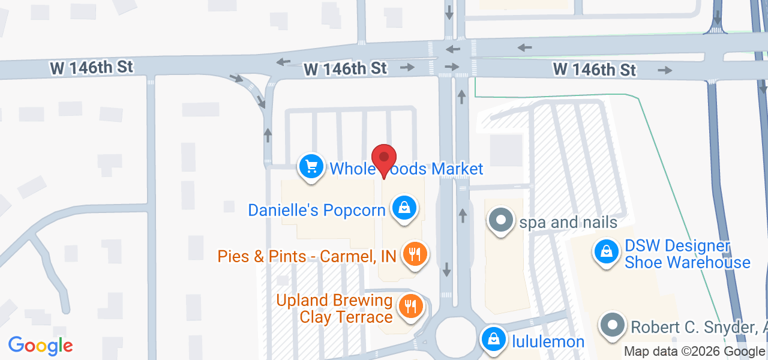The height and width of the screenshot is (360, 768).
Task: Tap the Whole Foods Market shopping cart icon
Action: [x=311, y=166]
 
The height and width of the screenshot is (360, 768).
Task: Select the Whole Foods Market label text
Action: [x=406, y=169]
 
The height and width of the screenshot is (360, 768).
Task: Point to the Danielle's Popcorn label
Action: [x=316, y=210]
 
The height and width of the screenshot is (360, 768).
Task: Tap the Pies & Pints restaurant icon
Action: [x=413, y=254]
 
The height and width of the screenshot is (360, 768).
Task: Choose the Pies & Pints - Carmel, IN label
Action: [x=307, y=256]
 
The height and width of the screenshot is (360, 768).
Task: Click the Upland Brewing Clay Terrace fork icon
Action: [x=410, y=307]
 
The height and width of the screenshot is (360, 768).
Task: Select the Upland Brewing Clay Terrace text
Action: [x=334, y=308]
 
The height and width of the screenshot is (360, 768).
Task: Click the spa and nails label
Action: [x=568, y=223]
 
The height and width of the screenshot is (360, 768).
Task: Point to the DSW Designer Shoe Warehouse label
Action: [x=687, y=254]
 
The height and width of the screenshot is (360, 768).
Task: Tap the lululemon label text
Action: [x=548, y=342]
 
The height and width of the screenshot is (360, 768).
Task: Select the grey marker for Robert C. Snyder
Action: [x=613, y=326]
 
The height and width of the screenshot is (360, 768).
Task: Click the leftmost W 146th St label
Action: [x=91, y=68]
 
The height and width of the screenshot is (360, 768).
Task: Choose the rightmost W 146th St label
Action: [x=594, y=70]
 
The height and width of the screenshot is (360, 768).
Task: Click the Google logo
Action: [x=41, y=346]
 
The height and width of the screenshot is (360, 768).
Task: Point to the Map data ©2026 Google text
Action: [x=694, y=352]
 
